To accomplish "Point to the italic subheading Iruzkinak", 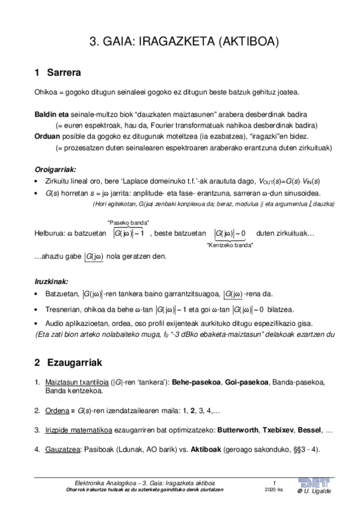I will [52, 281].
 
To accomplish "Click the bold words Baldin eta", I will [52, 114].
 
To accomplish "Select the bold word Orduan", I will [48, 135].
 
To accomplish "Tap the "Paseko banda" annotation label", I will [128, 222].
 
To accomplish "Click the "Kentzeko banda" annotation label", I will [229, 245].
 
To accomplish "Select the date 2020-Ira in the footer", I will [273, 490].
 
